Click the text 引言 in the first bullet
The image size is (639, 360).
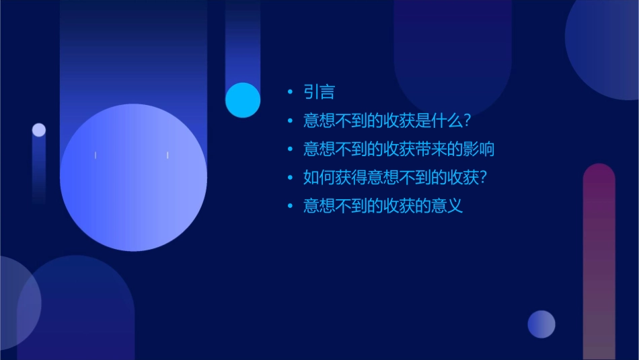coord(319,92)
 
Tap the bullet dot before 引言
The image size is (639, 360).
coord(290,92)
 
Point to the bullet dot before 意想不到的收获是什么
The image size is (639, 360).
coord(290,121)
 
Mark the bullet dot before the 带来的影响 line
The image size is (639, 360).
coord(290,149)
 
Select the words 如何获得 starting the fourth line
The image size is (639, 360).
coord(334,178)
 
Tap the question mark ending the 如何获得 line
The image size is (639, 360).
coord(482,178)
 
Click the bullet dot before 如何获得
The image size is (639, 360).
coord(290,178)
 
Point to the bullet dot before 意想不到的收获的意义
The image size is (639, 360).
coord(290,206)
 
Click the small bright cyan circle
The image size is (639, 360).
coord(243,100)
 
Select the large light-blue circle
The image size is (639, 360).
coord(133,178)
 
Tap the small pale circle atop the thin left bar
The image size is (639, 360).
coord(39,130)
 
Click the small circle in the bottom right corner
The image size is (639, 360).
coord(541,324)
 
